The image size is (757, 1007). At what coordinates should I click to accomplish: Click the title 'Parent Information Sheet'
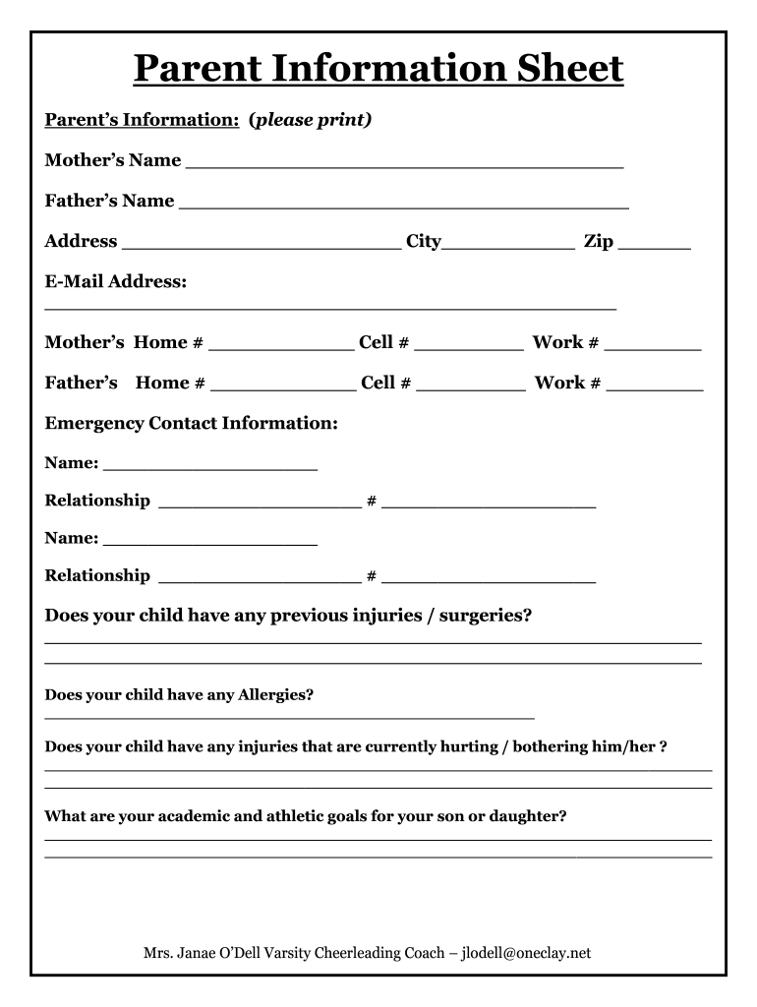(x=378, y=69)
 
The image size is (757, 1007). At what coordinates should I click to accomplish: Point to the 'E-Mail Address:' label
(x=116, y=282)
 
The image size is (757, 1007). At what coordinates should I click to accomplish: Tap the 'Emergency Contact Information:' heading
(x=192, y=423)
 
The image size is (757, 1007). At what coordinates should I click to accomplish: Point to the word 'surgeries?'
(x=486, y=616)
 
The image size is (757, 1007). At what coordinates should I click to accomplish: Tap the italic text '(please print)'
(x=311, y=120)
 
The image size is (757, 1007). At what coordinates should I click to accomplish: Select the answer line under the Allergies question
(x=290, y=717)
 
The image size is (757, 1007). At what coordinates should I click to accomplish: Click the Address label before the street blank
(x=81, y=242)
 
